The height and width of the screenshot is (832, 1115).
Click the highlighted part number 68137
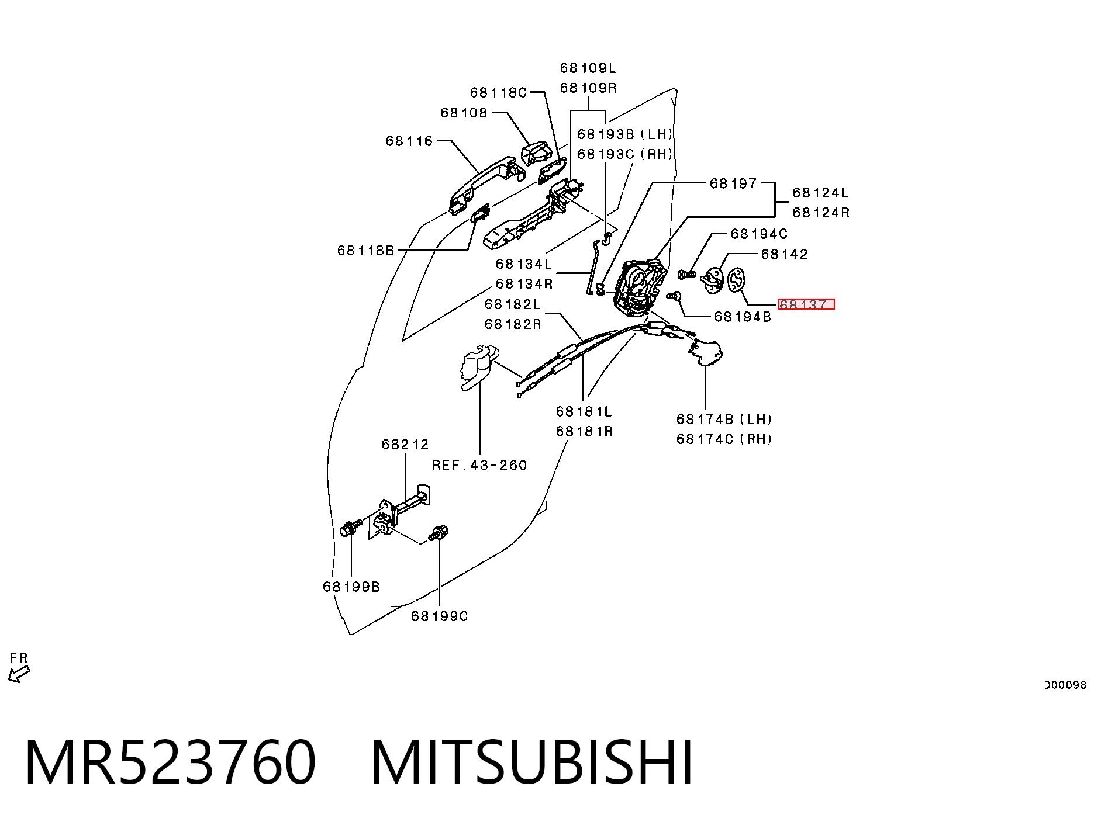click(803, 304)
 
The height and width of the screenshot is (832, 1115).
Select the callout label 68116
click(409, 141)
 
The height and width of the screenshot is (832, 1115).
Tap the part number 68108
click(464, 113)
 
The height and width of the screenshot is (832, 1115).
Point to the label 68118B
click(366, 251)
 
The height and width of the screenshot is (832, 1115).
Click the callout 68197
click(733, 183)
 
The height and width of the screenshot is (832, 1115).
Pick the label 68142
click(784, 254)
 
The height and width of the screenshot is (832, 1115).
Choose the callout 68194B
click(743, 317)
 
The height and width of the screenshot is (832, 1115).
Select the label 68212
click(405, 445)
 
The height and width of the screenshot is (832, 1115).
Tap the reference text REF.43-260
click(480, 465)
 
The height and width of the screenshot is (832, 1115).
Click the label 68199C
click(440, 616)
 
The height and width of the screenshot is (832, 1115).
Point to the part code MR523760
click(170, 762)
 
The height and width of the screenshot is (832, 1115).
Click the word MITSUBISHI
click(532, 762)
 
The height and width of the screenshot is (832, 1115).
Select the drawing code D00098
click(1065, 685)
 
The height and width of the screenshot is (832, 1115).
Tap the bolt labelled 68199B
click(349, 529)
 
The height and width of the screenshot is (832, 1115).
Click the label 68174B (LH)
click(724, 419)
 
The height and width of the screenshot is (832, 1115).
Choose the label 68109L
click(588, 68)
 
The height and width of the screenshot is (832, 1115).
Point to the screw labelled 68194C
click(686, 273)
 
